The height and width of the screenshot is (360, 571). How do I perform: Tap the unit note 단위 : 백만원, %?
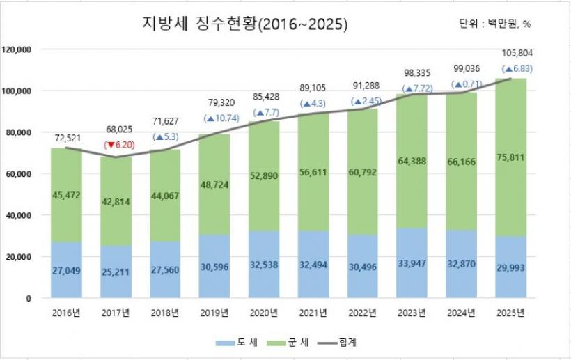[x=495, y=24]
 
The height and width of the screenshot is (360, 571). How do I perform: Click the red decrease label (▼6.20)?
[x=118, y=146]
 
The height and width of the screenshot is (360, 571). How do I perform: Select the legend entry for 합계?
[x=342, y=343]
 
